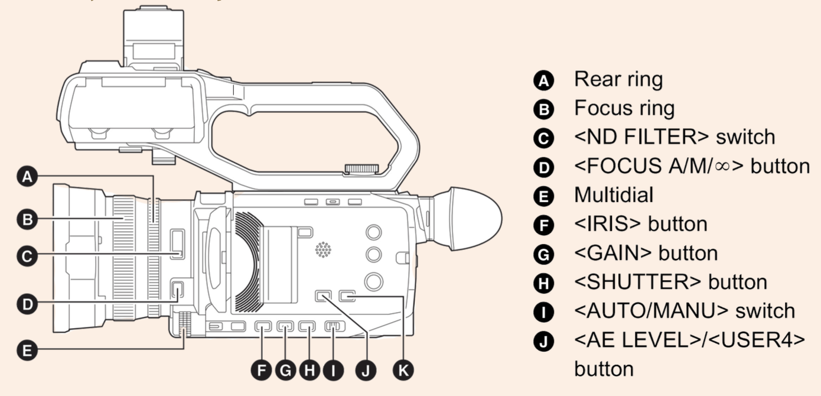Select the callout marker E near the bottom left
pyautogui.click(x=28, y=350)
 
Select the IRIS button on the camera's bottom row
pyautogui.click(x=262, y=326)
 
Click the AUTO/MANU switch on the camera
pyautogui.click(x=334, y=326)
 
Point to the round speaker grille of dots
pyautogui.click(x=323, y=250)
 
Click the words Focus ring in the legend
pyautogui.click(x=624, y=108)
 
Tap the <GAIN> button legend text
pyautogui.click(x=646, y=253)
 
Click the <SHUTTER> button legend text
pyautogui.click(x=670, y=282)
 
